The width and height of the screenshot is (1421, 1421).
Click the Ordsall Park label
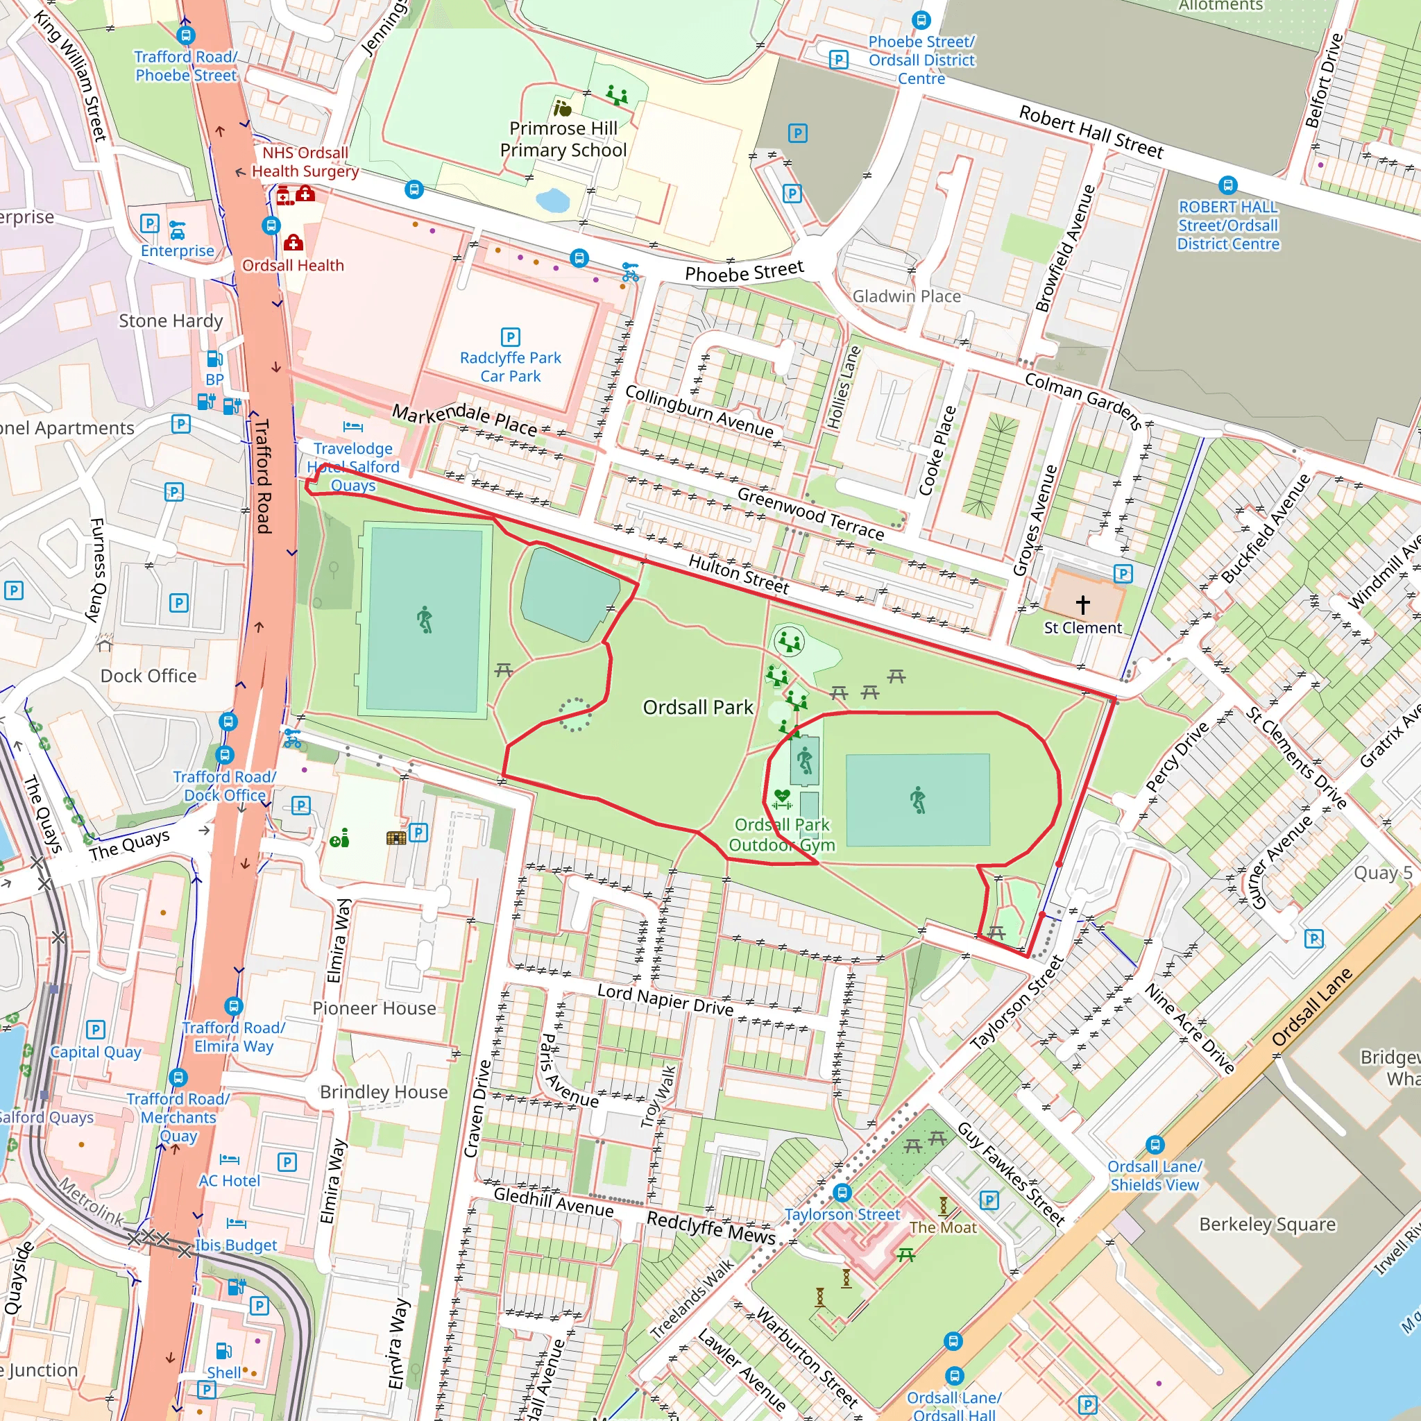[697, 707]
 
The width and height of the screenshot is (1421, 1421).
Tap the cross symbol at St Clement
[1082, 604]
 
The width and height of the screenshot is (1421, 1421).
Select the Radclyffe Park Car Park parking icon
[510, 337]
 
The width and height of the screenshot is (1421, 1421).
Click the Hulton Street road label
[738, 574]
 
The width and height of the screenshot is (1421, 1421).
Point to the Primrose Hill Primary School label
[563, 139]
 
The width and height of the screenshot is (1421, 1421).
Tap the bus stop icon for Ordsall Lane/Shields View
[1155, 1144]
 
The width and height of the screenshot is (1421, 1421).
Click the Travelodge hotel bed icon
[353, 427]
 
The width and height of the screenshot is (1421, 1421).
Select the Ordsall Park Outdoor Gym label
[782, 835]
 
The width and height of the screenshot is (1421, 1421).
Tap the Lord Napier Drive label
[665, 1000]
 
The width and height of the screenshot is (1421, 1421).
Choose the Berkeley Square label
[1267, 1224]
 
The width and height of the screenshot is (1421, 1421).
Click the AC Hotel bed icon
[230, 1160]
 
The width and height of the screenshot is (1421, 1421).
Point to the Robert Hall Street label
[1091, 133]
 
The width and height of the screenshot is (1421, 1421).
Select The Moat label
[942, 1227]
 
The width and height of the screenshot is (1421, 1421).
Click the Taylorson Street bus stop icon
[842, 1192]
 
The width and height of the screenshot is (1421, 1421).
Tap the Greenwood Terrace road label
[810, 513]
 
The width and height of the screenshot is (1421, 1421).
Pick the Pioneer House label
[374, 1007]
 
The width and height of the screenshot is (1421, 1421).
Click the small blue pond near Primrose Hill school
[553, 199]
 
